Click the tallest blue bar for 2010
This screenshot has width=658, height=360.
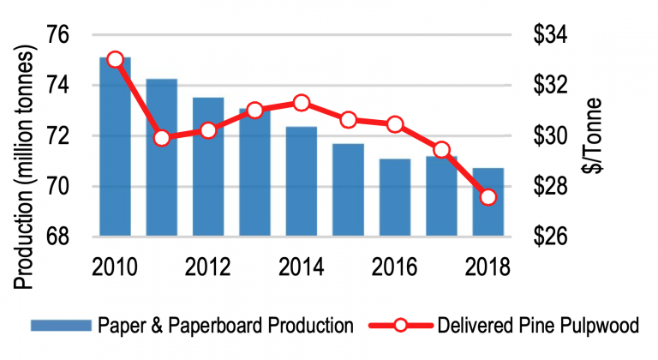pyautogui.click(x=115, y=147)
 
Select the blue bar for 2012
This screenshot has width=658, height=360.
pyautogui.click(x=208, y=167)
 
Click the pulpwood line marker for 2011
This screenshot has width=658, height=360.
pyautogui.click(x=162, y=137)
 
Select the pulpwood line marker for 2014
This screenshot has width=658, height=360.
pyautogui.click(x=301, y=103)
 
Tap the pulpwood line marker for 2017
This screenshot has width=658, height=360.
pyautogui.click(x=441, y=149)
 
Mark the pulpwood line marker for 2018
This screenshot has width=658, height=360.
pyautogui.click(x=488, y=197)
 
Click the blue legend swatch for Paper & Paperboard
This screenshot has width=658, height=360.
pyautogui.click(x=60, y=326)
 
